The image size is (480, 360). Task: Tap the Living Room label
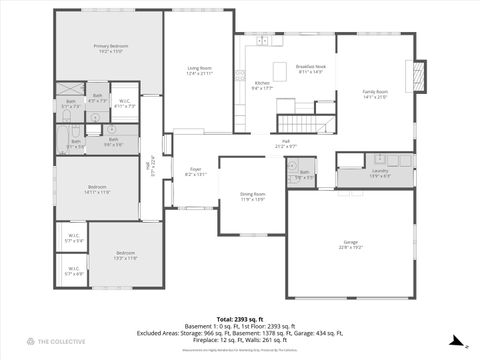[198, 70]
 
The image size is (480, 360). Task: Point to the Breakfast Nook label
[311, 69]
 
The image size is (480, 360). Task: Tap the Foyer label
[195, 172]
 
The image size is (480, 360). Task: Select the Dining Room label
[252, 196]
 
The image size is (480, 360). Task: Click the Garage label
[350, 244]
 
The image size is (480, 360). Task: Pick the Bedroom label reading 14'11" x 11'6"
[97, 189]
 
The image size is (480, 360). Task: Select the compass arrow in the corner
[457, 341]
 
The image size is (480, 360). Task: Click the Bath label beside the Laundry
[304, 175]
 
